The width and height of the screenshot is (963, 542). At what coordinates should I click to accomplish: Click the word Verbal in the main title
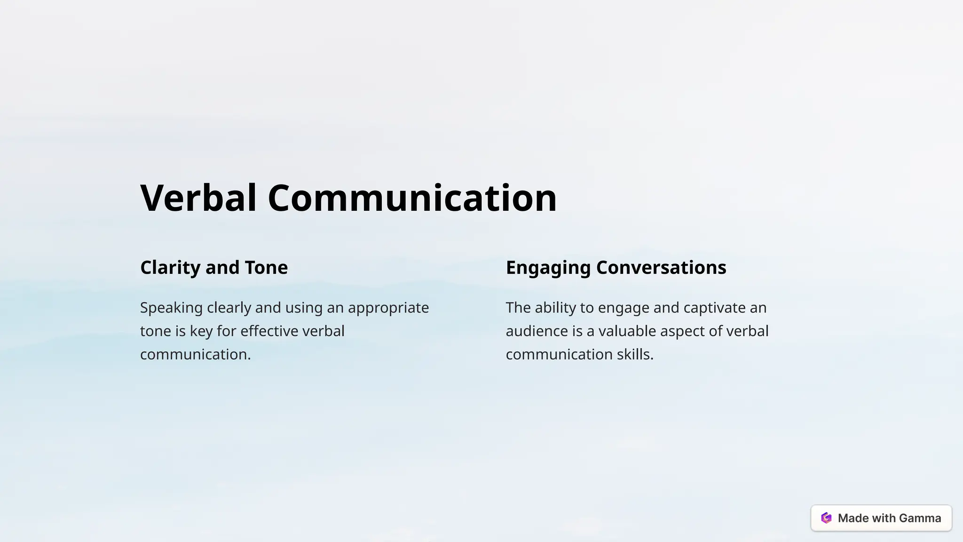pos(198,198)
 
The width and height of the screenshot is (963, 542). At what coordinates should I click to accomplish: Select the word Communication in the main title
pos(412,198)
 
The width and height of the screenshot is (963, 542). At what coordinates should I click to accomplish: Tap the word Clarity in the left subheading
pos(170,268)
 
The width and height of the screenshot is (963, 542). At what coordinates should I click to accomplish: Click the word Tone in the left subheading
pos(266,268)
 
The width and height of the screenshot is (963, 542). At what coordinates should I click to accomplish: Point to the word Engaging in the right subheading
pos(548,268)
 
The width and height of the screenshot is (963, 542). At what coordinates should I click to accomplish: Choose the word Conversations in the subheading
pos(661,268)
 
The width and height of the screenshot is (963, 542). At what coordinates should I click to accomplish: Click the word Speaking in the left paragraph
pos(171,308)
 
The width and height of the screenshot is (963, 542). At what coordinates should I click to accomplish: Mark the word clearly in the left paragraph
pos(229,308)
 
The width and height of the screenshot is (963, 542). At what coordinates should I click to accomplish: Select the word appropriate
pos(388,308)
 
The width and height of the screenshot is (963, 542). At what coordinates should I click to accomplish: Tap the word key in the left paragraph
pos(201,331)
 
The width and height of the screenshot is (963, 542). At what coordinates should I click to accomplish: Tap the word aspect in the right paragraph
pos(682,331)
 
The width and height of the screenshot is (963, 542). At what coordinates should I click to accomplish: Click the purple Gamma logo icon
pos(826,518)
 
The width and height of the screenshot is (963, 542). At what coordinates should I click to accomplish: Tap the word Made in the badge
pos(853,518)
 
